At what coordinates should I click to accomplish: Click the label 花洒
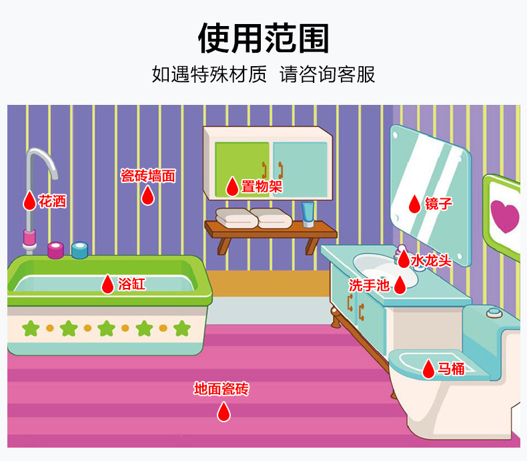52,200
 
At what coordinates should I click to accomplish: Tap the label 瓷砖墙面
147,176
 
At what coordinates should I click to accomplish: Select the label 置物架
261,186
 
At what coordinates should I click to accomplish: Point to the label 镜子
439,203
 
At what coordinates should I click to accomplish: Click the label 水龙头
431,260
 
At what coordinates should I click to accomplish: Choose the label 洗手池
369,285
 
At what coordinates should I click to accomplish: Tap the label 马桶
451,368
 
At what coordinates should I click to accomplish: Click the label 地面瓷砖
221,389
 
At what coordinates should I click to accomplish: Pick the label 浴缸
131,284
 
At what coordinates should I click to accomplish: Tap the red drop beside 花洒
29,200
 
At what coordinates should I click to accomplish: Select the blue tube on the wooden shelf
308,215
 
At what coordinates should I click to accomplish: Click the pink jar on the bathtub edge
55,250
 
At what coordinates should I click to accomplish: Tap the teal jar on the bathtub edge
80,250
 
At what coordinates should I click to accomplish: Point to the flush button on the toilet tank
493,311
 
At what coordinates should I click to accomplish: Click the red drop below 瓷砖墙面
147,195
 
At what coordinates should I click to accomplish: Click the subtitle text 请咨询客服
328,74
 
